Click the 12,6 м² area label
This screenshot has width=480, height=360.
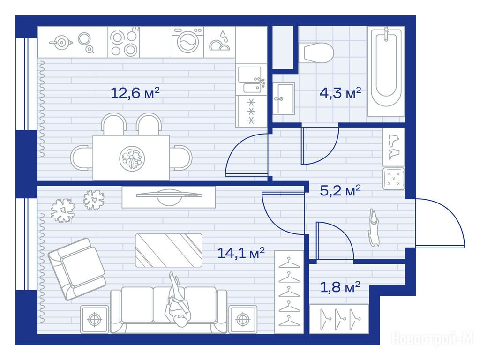[x=135, y=93]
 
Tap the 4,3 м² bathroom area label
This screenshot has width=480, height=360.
[x=340, y=92]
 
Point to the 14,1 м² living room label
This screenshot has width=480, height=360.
[x=241, y=253]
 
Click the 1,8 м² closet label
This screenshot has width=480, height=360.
[x=340, y=287]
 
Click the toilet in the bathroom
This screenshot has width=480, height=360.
[x=316, y=52]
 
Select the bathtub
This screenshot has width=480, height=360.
[x=386, y=72]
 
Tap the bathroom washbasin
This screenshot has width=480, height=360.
[x=284, y=98]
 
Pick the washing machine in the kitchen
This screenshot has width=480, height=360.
[x=187, y=42]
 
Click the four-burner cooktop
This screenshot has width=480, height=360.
[x=124, y=42]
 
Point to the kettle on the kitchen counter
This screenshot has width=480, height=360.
[x=61, y=42]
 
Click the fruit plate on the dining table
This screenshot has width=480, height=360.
[x=132, y=158]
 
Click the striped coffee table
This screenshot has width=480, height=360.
[x=169, y=250]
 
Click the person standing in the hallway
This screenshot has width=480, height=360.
[x=374, y=227]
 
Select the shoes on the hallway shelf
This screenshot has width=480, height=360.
[x=393, y=147]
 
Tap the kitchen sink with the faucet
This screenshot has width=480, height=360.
[x=251, y=80]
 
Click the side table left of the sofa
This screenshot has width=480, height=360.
[x=95, y=319]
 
